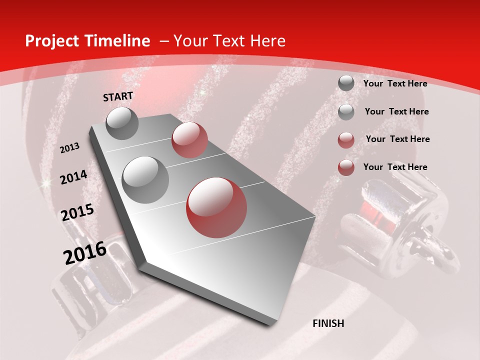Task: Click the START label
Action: pyautogui.click(x=118, y=96)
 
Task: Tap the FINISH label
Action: pyautogui.click(x=328, y=323)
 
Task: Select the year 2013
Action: pyautogui.click(x=70, y=148)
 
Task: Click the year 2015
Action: pyautogui.click(x=77, y=213)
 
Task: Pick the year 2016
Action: pyautogui.click(x=85, y=253)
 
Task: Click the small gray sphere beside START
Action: pyautogui.click(x=122, y=123)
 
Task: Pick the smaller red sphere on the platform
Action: pyautogui.click(x=189, y=140)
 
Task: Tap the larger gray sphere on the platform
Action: pyautogui.click(x=145, y=179)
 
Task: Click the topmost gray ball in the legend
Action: pyautogui.click(x=346, y=83)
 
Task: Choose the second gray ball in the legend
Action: pyautogui.click(x=346, y=112)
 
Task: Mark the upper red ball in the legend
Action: pyautogui.click(x=346, y=140)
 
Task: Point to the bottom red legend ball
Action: pyautogui.click(x=346, y=167)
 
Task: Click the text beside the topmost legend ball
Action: pyautogui.click(x=395, y=84)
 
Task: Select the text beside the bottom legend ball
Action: pyautogui.click(x=395, y=167)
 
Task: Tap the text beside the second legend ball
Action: pyautogui.click(x=397, y=111)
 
